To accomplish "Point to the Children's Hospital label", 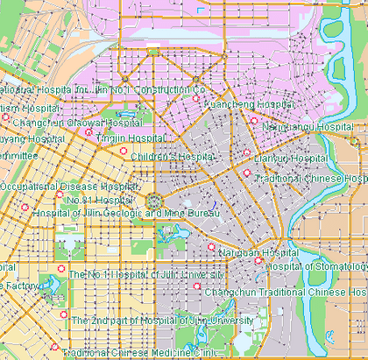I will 173,157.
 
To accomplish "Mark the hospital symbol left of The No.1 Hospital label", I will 60,268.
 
